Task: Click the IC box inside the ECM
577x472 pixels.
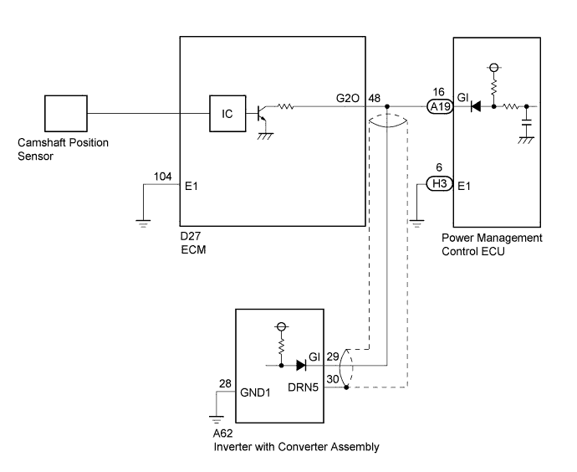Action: tap(227, 114)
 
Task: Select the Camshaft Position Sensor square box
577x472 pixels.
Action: tap(66, 114)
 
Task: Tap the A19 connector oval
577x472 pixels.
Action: tap(440, 107)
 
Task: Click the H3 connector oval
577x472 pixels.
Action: tap(439, 183)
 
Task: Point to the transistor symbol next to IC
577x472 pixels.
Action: tap(263, 114)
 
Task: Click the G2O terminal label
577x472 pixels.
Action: tap(347, 98)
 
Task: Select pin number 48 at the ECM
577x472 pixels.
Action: tap(375, 98)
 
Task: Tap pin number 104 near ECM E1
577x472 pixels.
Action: tap(163, 177)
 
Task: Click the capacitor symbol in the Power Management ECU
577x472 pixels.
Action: tap(527, 123)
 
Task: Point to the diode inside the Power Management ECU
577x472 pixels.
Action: tap(476, 107)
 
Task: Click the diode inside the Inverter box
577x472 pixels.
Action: tap(301, 365)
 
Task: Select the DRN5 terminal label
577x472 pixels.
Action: tap(303, 387)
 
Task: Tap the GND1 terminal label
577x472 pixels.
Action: tap(255, 392)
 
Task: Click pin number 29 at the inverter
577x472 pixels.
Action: tap(333, 357)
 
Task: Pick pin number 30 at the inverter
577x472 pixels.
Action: tap(333, 379)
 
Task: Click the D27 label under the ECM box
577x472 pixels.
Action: tap(191, 236)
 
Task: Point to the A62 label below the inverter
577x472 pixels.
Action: tap(222, 434)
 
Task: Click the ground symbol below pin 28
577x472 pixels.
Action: tap(216, 419)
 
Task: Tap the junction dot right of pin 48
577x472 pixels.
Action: tap(387, 107)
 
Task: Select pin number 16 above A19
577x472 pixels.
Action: tap(439, 92)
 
